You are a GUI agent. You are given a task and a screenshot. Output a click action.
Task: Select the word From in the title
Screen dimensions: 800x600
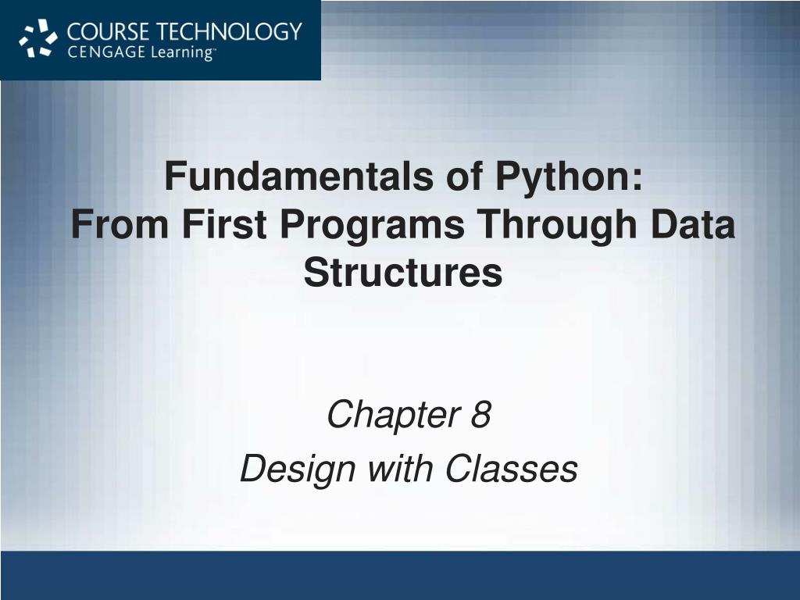pos(120,224)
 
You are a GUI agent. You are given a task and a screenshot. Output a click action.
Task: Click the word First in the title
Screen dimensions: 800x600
pos(224,224)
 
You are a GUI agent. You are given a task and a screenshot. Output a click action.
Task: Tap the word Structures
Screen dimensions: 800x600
pos(403,272)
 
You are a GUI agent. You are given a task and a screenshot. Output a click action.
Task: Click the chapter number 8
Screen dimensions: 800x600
pos(480,414)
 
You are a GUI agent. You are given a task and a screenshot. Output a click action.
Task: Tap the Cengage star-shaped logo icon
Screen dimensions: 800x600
pos(38,38)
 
